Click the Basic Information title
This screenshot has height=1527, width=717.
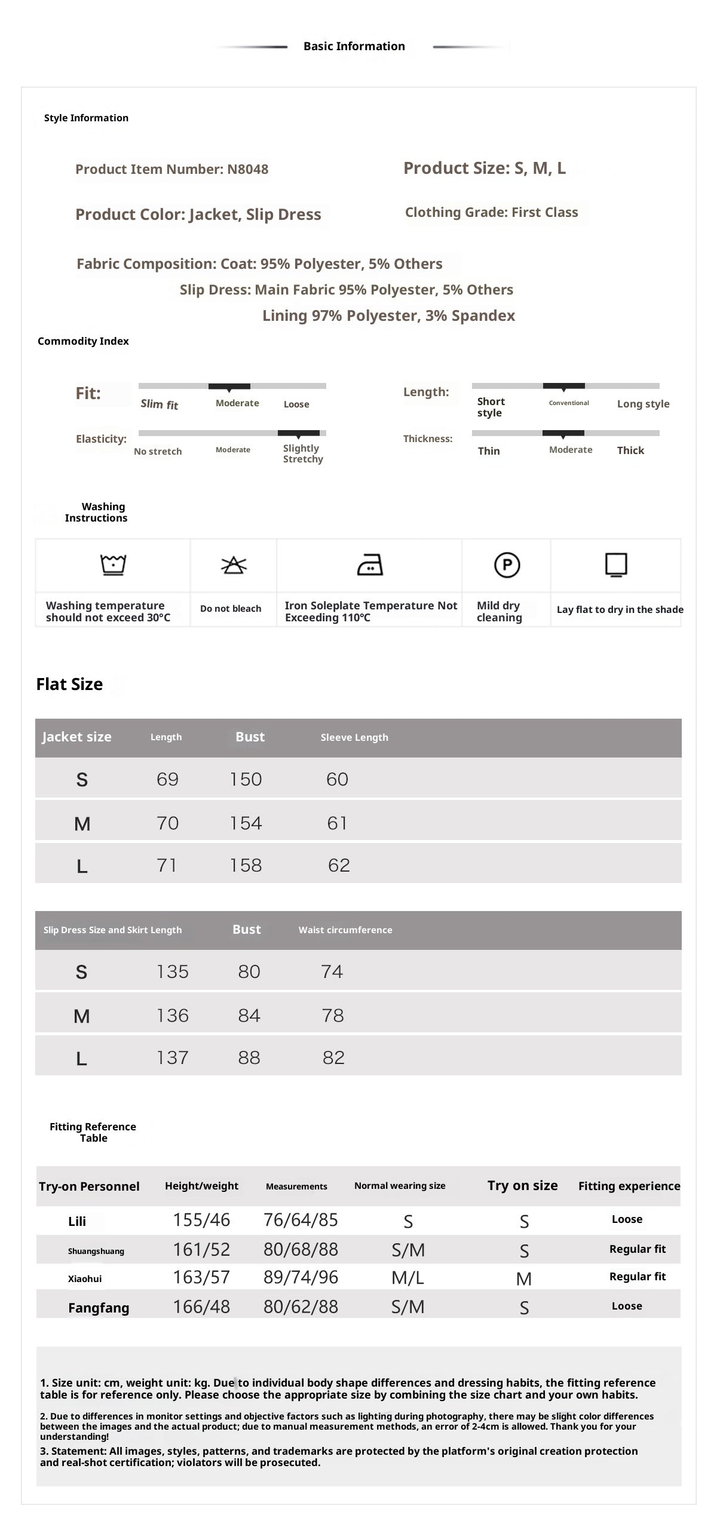click(x=354, y=46)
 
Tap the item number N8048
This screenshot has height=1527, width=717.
click(x=247, y=169)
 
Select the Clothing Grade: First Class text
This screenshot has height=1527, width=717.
click(x=491, y=212)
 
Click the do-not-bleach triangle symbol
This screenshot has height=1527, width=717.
click(x=234, y=565)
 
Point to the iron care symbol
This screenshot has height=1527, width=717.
click(x=370, y=565)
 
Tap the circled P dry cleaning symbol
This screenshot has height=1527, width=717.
click(x=507, y=565)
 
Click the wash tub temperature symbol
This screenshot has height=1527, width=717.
click(x=113, y=564)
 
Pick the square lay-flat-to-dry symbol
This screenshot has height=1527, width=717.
click(x=616, y=565)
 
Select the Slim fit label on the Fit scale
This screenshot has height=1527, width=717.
click(x=160, y=404)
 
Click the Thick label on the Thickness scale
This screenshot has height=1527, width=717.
click(x=630, y=450)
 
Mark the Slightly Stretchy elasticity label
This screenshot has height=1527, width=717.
click(x=303, y=453)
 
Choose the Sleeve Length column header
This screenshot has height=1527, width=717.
click(x=354, y=737)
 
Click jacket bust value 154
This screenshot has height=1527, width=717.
click(x=246, y=823)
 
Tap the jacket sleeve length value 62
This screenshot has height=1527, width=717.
click(x=339, y=865)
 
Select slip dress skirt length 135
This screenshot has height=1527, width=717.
click(x=173, y=971)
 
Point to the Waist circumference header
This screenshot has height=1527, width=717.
click(x=345, y=930)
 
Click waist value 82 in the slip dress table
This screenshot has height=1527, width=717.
click(x=333, y=1057)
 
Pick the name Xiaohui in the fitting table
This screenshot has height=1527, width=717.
click(x=85, y=1278)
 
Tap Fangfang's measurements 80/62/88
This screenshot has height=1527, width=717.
click(x=301, y=1307)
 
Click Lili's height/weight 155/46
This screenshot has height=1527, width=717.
click(x=201, y=1219)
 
